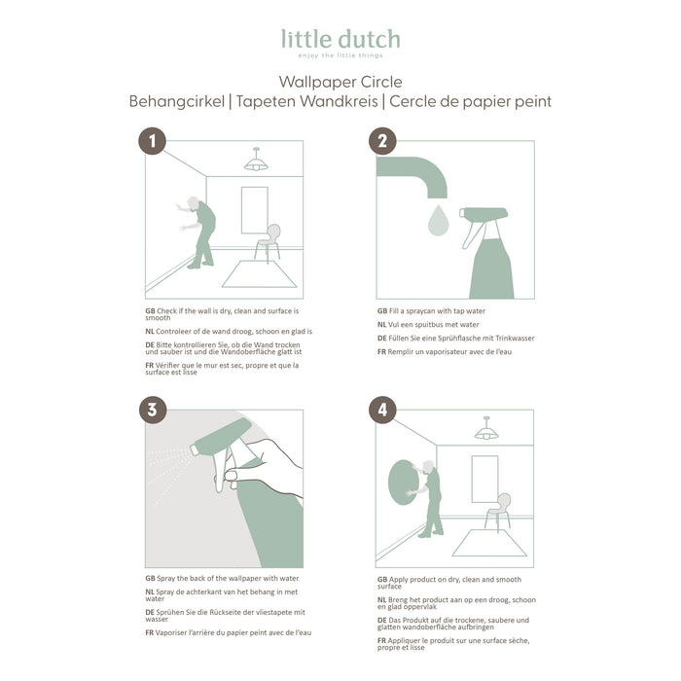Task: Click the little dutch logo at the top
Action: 340,41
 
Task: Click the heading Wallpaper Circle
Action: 340,82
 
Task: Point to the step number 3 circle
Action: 151,410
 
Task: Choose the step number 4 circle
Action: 382,410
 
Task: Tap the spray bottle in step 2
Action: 491,253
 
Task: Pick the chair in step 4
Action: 498,510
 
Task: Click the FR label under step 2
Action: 381,351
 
